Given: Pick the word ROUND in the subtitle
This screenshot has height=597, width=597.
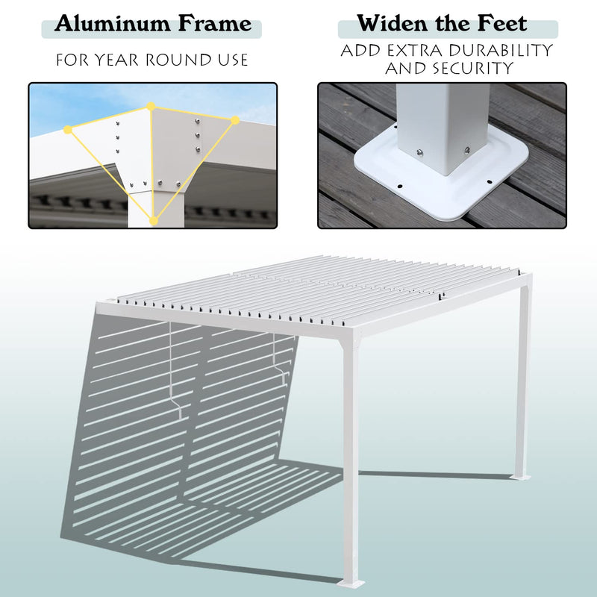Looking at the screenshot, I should click(x=185, y=60).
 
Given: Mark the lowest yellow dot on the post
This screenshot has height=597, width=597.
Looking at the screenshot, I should click(x=154, y=220).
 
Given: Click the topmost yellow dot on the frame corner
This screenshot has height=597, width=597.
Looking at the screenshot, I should click(x=151, y=107).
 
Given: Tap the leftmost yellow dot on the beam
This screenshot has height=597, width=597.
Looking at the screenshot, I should click(x=68, y=130).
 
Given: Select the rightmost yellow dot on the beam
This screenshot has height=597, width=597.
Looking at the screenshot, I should click(x=235, y=120).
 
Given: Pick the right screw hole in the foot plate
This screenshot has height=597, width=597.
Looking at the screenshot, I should click(x=490, y=181).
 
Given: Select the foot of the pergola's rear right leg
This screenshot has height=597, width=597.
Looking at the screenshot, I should click(x=520, y=476).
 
